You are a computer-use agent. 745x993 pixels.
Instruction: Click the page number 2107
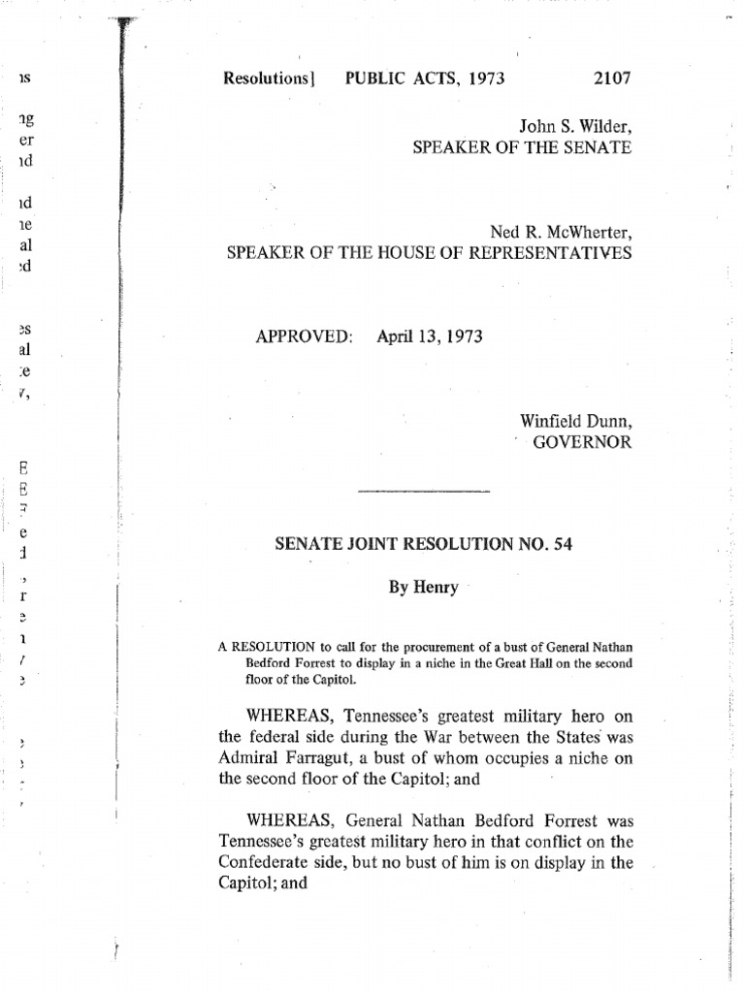click(610, 79)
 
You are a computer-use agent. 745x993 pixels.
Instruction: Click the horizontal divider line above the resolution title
click(423, 492)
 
